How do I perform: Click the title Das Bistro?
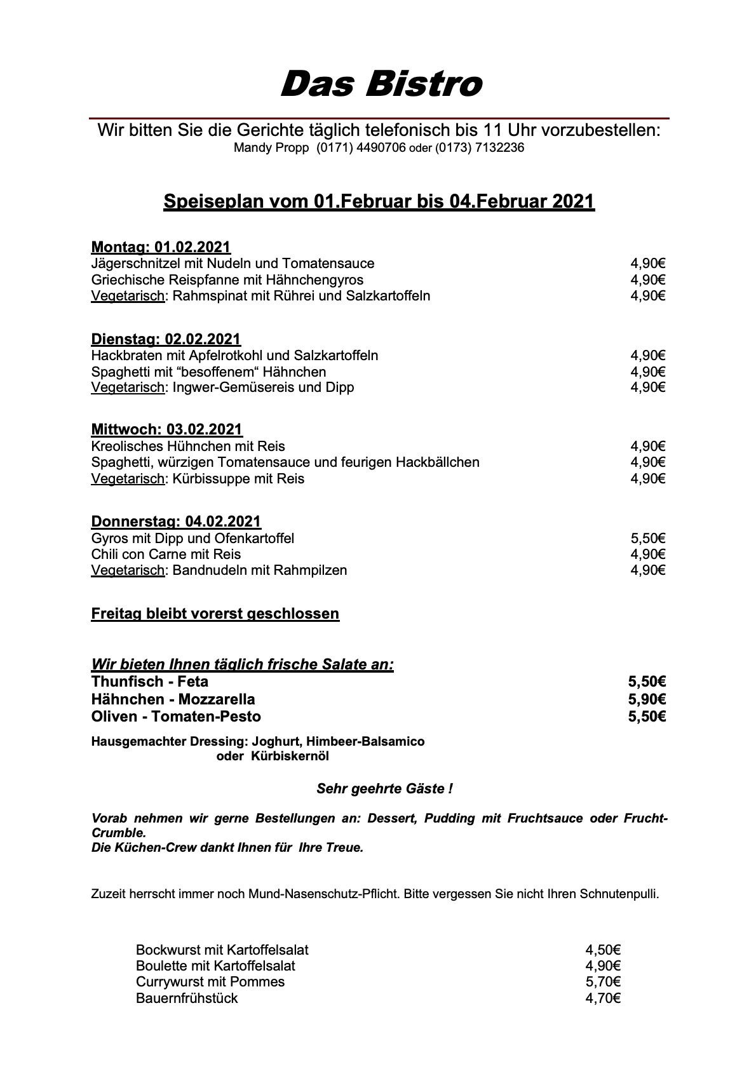click(381, 84)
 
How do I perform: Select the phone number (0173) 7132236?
click(480, 148)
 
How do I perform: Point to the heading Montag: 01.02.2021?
click(161, 246)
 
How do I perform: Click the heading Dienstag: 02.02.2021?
click(166, 339)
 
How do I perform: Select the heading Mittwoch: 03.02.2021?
click(166, 429)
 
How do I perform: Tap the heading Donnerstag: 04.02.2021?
click(176, 521)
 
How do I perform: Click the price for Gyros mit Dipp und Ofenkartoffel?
click(647, 539)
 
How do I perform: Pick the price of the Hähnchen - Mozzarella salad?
click(647, 699)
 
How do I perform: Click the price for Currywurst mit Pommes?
click(602, 982)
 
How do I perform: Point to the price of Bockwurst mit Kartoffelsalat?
click(602, 950)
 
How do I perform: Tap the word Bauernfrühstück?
click(187, 998)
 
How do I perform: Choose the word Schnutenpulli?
click(619, 894)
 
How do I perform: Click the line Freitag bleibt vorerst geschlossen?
click(215, 614)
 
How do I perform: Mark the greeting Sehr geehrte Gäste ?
click(384, 789)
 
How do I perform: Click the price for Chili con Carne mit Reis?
click(647, 555)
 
